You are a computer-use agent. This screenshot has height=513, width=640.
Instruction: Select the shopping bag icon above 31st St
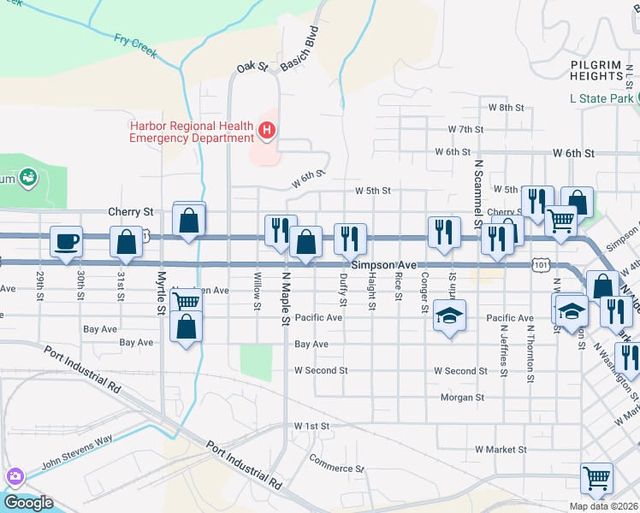[126, 242]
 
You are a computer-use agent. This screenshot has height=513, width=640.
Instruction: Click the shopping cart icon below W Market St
[596, 478]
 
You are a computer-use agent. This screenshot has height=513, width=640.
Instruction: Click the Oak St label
[252, 66]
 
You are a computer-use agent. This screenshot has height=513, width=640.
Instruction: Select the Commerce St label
[337, 469]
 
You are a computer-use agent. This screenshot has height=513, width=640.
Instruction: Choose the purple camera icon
[13, 476]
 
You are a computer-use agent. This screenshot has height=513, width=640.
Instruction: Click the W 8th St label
[505, 107]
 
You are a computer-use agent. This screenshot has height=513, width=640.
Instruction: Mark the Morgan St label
[462, 398]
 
